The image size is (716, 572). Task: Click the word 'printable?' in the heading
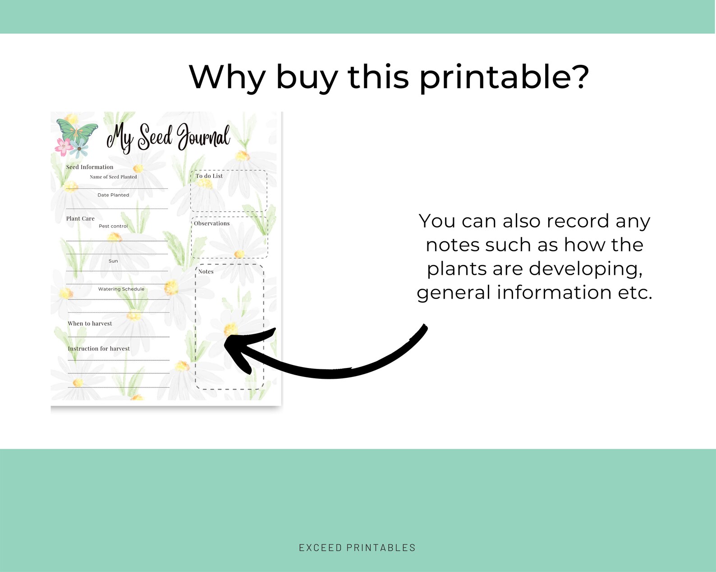504,78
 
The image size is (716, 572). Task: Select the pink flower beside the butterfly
64,146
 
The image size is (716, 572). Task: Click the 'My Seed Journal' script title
168,137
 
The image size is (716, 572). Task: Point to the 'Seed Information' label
90,167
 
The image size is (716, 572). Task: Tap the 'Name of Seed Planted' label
113,177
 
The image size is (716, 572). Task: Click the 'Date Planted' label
113,195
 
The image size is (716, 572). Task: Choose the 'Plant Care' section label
80,218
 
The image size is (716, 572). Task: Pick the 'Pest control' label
113,226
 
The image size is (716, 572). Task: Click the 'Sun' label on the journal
113,261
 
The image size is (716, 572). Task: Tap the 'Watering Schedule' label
121,289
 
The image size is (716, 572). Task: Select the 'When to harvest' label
90,323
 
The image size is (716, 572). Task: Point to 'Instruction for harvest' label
99,348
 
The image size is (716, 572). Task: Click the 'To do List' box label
209,176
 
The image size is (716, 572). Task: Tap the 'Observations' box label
211,223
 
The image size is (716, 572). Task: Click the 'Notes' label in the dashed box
206,272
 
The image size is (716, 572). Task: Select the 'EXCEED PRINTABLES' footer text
358,547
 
